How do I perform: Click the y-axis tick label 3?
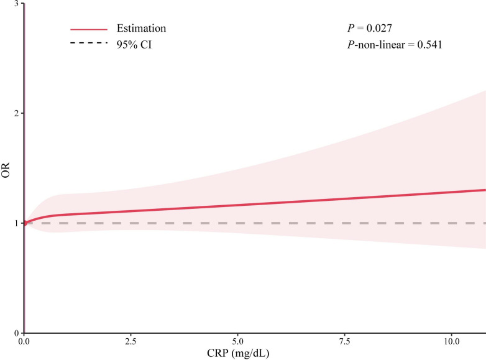[17, 3]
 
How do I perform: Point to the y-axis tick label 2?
[17, 113]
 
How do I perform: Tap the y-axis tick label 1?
[17, 223]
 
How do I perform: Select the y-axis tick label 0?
[17, 333]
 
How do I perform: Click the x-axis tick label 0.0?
[24, 341]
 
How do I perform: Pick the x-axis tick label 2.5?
[131, 341]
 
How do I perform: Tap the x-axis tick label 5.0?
[238, 341]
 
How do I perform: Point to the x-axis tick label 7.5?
[345, 341]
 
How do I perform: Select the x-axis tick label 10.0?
[451, 341]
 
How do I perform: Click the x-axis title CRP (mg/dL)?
[238, 353]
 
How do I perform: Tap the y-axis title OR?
[6, 170]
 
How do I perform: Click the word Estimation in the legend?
[141, 28]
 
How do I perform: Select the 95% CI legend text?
[134, 45]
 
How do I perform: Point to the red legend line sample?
[89, 29]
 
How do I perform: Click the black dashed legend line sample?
[89, 43]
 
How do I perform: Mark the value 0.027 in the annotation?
[379, 28]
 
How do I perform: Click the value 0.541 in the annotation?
[429, 45]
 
